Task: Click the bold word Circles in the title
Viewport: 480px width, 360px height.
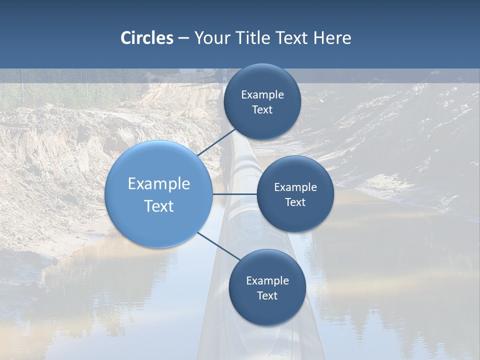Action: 146,38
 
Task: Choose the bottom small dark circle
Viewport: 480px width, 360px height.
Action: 267,310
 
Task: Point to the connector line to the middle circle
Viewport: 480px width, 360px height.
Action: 235,194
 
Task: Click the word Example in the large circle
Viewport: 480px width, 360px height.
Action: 158,183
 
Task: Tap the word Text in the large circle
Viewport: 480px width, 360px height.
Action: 158,206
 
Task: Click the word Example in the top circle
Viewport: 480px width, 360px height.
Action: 262,95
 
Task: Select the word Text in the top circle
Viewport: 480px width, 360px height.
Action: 262,109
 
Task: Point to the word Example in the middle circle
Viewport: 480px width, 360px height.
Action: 295,187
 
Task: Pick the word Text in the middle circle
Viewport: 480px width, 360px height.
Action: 295,202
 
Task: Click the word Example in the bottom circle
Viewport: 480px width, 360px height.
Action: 267,281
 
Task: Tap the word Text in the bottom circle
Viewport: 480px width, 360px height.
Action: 267,295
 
